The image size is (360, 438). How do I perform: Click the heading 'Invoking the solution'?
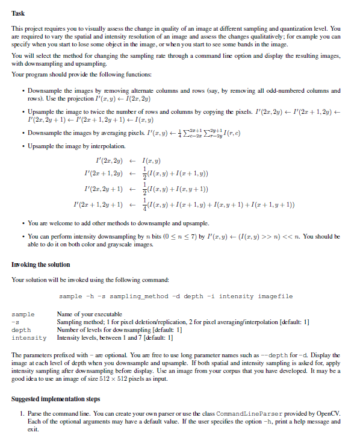click(x=40, y=264)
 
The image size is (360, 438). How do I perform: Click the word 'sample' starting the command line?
click(x=70, y=296)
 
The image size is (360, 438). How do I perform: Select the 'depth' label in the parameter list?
click(x=20, y=330)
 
